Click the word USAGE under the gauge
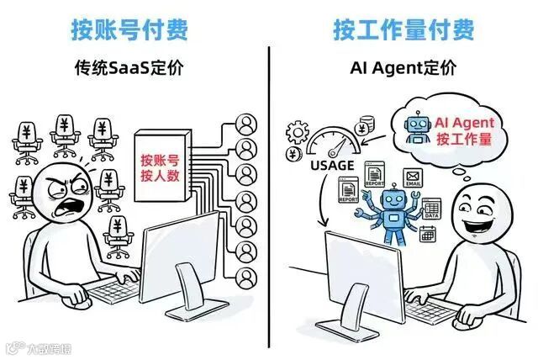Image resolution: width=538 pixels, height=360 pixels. pos(331,166)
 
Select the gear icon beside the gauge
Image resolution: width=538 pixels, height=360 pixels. pos(298,133)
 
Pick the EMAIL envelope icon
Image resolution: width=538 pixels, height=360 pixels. pos(413,177)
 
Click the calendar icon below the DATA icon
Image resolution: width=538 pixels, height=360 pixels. pos(427,233)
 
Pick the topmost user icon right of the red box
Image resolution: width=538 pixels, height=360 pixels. pos(246,124)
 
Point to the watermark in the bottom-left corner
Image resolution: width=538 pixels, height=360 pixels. pos(34,346)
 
